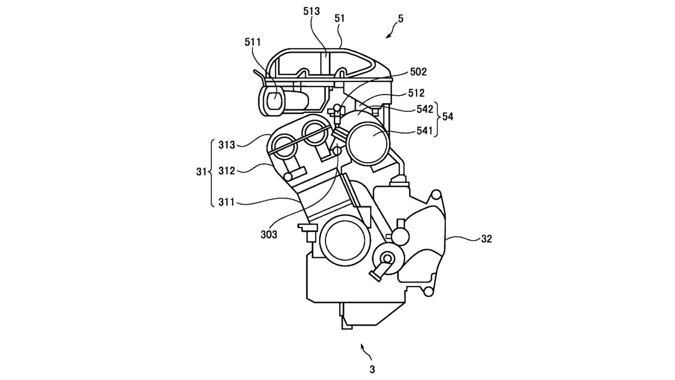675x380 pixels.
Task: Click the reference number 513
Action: click(311, 11)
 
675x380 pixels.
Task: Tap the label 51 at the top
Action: click(339, 19)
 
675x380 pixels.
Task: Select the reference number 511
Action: click(253, 42)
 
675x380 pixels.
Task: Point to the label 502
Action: click(418, 72)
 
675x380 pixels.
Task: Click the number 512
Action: click(416, 93)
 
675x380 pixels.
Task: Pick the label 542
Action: click(424, 109)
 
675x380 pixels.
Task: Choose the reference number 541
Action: click(424, 130)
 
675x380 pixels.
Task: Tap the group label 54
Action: click(448, 117)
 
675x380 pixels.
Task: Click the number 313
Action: click(227, 145)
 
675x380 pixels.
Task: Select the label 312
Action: click(227, 171)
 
